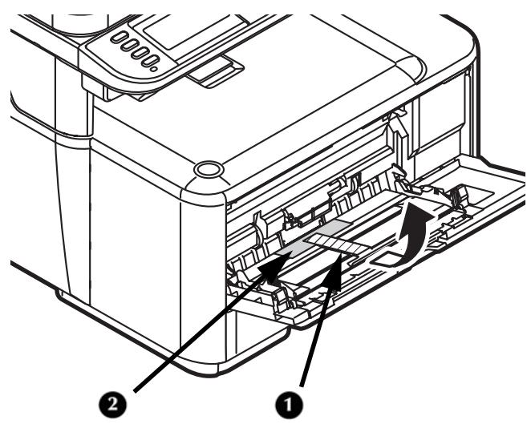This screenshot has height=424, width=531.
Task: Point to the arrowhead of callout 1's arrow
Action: tap(342, 258)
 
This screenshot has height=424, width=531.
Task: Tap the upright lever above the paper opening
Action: tap(395, 128)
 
